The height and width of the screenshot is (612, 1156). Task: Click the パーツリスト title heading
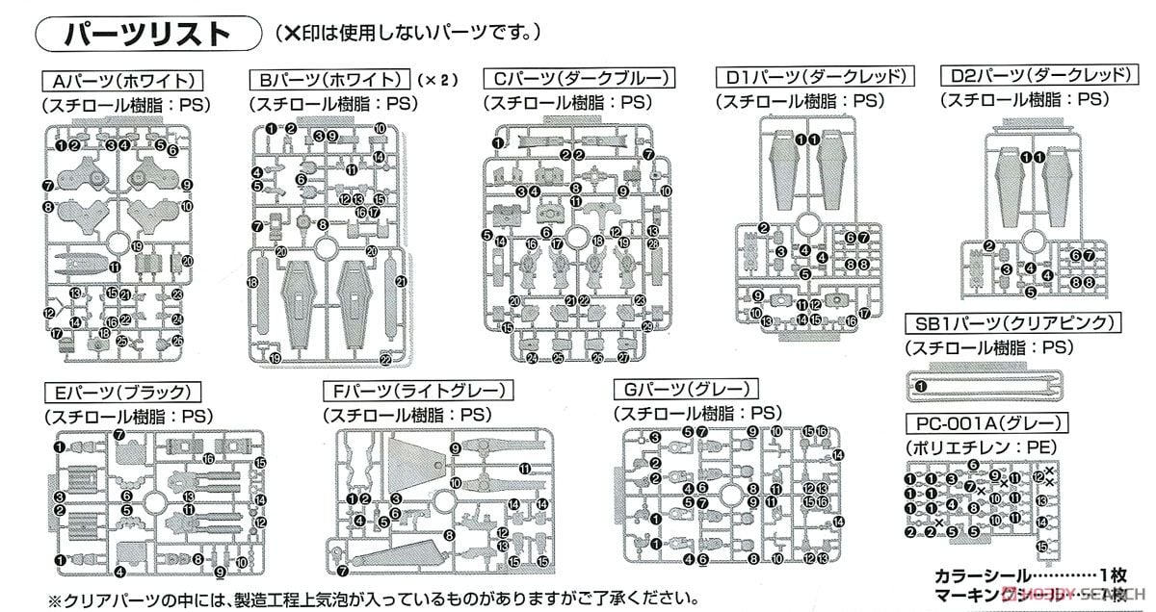point(147,34)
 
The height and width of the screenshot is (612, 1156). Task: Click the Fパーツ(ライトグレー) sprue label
point(418,391)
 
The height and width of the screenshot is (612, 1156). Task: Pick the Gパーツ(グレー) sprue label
point(686,390)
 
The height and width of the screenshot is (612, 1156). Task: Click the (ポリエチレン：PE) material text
point(975,446)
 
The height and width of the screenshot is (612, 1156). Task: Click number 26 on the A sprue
point(177,341)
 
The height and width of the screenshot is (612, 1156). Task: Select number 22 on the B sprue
point(385,360)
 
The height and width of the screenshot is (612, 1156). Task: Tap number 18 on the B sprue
point(251,282)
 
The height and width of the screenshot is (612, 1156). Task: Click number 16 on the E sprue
point(208,459)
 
